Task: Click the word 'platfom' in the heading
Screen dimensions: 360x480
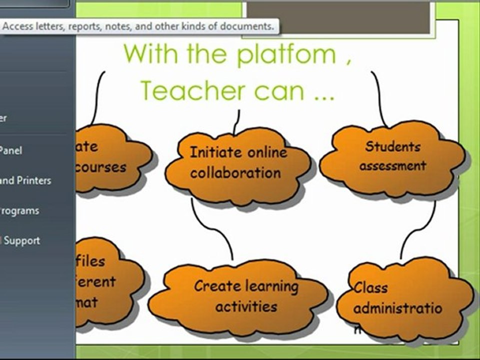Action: pyautogui.click(x=286, y=54)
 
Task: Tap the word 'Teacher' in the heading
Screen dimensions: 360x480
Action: pyautogui.click(x=192, y=90)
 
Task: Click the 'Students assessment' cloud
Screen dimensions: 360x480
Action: pyautogui.click(x=393, y=157)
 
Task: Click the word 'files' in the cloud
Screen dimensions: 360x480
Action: pyautogui.click(x=90, y=261)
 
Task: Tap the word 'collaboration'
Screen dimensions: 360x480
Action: pyautogui.click(x=235, y=173)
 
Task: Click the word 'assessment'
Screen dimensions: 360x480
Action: pyautogui.click(x=393, y=166)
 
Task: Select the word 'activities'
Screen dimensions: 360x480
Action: pyautogui.click(x=246, y=306)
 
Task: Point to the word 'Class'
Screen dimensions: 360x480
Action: pyautogui.click(x=371, y=288)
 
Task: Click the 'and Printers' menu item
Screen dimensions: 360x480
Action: pyautogui.click(x=25, y=180)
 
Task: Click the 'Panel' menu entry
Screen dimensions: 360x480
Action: pyautogui.click(x=11, y=150)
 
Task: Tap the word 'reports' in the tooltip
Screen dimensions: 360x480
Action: pyautogui.click(x=83, y=26)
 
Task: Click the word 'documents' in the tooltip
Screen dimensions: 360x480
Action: pyautogui.click(x=248, y=26)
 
